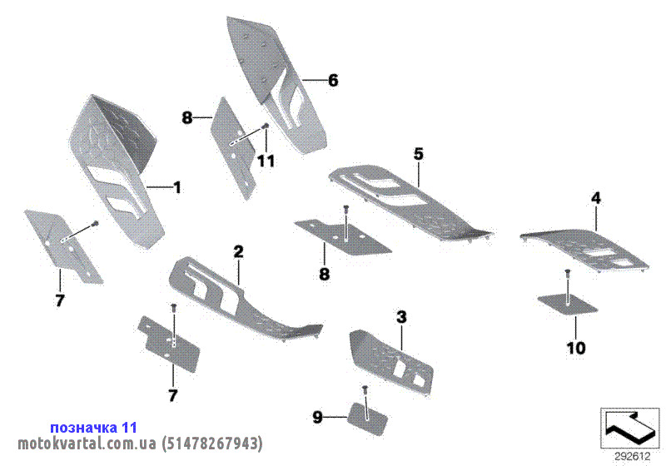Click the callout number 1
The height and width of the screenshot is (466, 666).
pos(177,187)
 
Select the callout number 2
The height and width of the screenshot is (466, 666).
pos(239,251)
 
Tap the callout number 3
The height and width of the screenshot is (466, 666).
pos(401,317)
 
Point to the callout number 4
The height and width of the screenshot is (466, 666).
pos(596,198)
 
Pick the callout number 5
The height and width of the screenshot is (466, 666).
pos(419,154)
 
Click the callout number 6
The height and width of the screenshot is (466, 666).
pos(333,80)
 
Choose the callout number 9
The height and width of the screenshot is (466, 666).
pos(317,418)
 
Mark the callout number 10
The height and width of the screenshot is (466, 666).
pos(576,349)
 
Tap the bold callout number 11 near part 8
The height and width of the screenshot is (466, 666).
pos(266,161)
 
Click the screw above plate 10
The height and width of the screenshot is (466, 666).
pos(568,283)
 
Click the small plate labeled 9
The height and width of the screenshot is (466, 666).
pos(367,419)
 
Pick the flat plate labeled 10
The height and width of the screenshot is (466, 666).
pos(568,305)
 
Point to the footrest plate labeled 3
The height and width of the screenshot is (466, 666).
pos(390,361)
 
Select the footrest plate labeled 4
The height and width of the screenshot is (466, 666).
pos(584,250)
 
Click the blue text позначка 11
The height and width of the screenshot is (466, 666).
pos(94,428)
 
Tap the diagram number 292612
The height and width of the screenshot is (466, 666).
pos(633,457)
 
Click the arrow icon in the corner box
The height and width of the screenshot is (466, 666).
pos(630,427)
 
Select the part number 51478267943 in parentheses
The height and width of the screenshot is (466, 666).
pos(212,444)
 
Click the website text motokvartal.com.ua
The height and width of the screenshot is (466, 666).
pos(87,444)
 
